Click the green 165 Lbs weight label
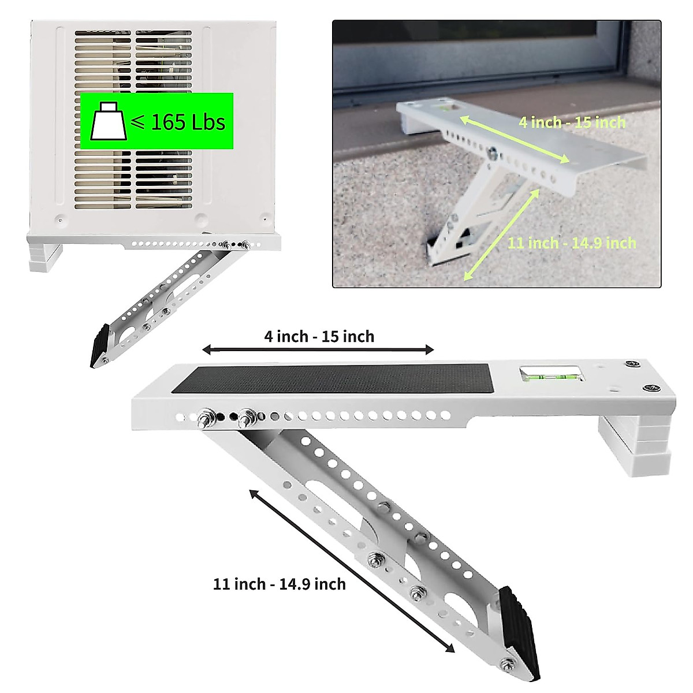point(157,121)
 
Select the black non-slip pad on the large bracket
point(341,378)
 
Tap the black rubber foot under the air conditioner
point(99,345)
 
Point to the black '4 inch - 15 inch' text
point(319,336)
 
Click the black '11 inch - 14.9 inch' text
point(280,584)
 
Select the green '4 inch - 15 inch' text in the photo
point(572,122)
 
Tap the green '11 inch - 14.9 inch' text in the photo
point(572,243)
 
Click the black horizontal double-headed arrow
point(318,349)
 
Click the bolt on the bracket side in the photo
point(493,153)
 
